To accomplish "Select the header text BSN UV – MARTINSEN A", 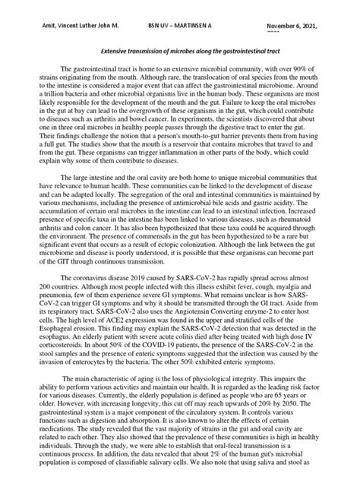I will tap(180, 24).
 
